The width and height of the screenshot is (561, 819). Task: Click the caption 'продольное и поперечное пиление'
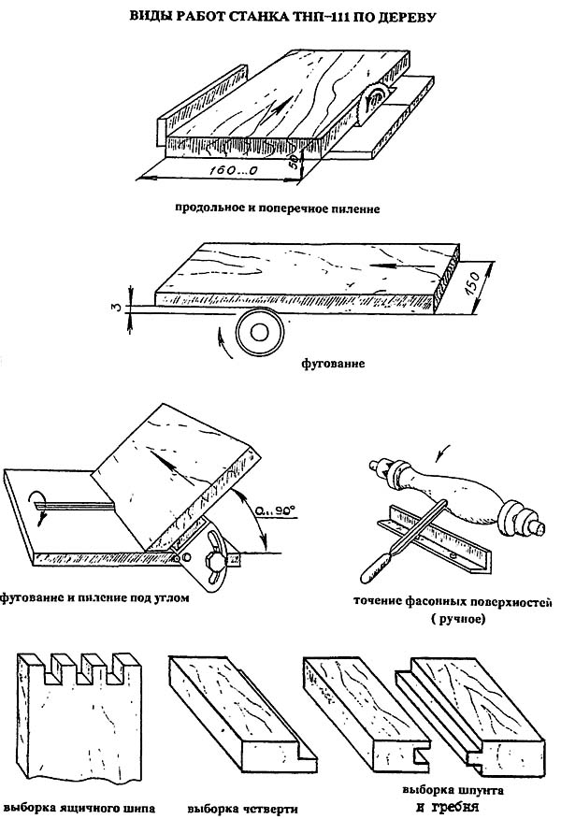(x=276, y=208)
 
